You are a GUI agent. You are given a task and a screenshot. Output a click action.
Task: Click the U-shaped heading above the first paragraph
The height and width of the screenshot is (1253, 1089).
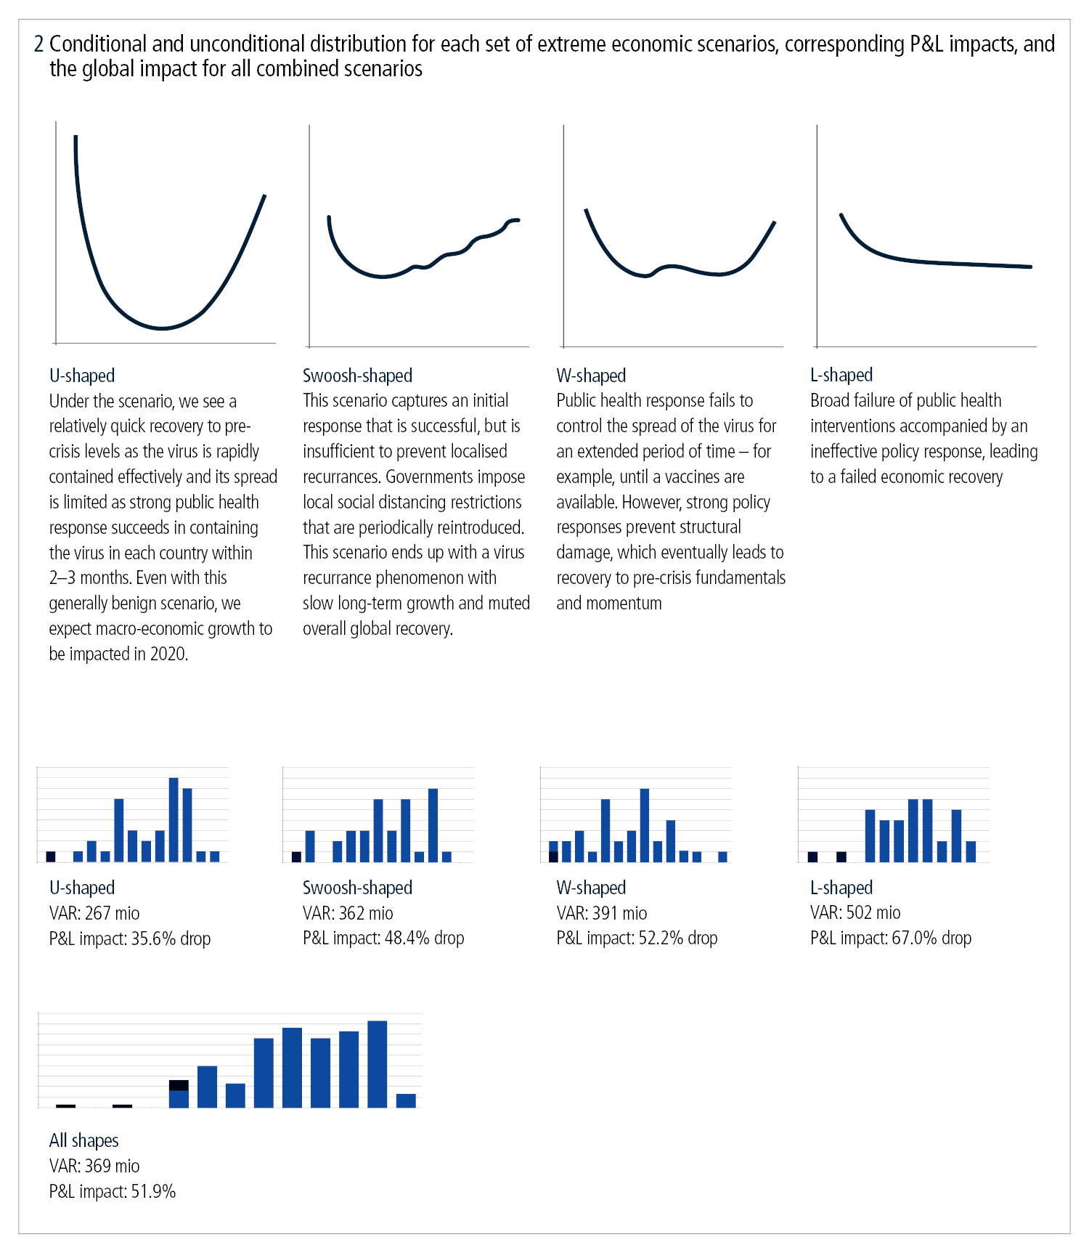click(82, 376)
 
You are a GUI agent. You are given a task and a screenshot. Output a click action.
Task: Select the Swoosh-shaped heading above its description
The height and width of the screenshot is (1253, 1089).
click(357, 376)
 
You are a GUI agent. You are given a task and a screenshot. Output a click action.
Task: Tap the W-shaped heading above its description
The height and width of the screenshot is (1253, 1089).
click(591, 376)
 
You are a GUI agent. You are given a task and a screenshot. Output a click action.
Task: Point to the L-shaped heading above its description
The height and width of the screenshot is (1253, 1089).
click(841, 375)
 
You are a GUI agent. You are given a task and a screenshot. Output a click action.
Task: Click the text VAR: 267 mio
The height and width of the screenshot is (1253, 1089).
click(94, 913)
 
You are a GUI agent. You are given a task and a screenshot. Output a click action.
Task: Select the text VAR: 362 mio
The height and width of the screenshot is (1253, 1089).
click(348, 913)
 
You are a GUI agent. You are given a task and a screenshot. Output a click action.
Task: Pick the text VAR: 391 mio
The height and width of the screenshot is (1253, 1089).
click(601, 913)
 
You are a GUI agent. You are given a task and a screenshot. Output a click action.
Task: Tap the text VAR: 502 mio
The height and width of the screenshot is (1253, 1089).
click(855, 912)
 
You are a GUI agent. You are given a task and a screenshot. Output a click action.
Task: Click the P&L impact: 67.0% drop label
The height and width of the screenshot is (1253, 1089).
click(891, 938)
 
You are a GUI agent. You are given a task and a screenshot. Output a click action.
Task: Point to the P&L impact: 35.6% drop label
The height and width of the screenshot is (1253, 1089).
click(130, 938)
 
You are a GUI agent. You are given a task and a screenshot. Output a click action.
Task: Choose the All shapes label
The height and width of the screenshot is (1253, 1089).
click(83, 1140)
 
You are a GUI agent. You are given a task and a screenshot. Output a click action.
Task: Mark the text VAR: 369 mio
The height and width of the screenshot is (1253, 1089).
click(94, 1166)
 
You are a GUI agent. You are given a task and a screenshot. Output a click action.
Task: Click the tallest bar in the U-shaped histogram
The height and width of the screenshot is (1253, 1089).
click(174, 819)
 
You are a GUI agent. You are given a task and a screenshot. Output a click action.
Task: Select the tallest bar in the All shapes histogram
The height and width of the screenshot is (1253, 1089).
click(378, 1064)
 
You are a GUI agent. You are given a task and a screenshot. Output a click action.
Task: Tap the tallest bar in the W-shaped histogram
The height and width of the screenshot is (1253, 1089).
click(644, 824)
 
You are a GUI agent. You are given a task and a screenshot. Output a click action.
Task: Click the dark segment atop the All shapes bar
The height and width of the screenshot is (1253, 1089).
click(179, 1085)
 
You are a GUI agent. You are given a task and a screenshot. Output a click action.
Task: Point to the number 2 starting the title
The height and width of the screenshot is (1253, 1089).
click(38, 44)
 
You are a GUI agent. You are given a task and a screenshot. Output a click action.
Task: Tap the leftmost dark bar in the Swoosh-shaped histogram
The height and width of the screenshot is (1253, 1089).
click(296, 856)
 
